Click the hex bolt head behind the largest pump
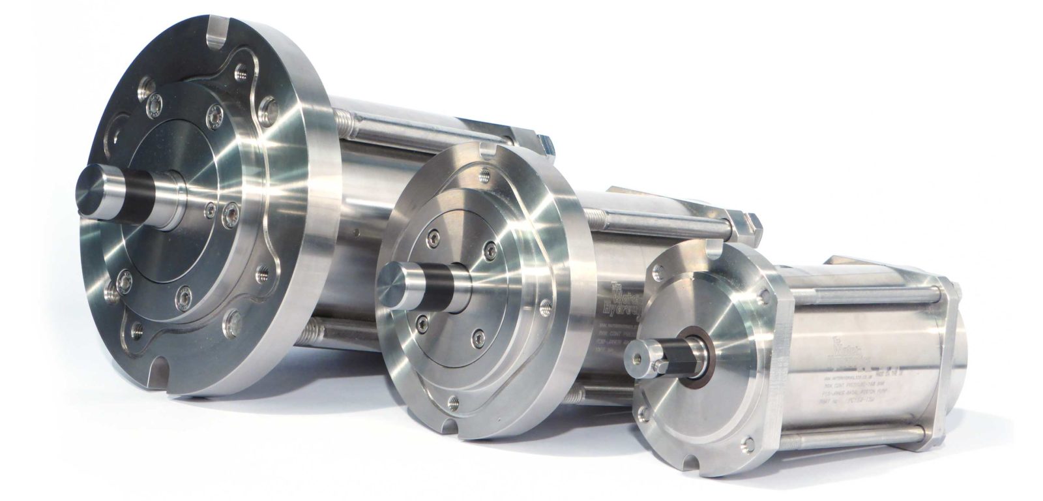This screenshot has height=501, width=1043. [x=546, y=145]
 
